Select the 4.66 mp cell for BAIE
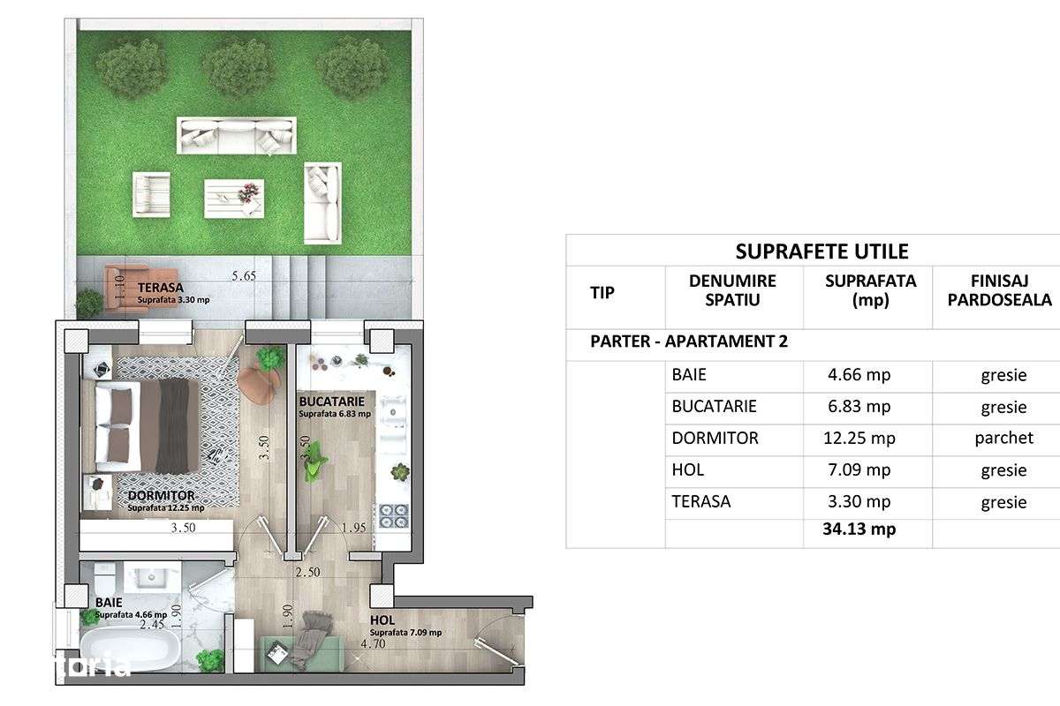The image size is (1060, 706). point(858,375)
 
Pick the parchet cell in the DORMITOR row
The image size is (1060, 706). point(1003,439)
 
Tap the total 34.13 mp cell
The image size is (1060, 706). point(858,529)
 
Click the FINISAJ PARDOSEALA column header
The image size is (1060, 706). point(998,290)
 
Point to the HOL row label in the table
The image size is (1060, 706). point(687,470)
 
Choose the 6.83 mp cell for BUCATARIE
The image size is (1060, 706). point(858,407)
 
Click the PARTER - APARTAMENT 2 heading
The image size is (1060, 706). point(689,342)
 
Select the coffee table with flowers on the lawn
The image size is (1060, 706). point(233,198)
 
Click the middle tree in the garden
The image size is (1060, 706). point(238,68)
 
